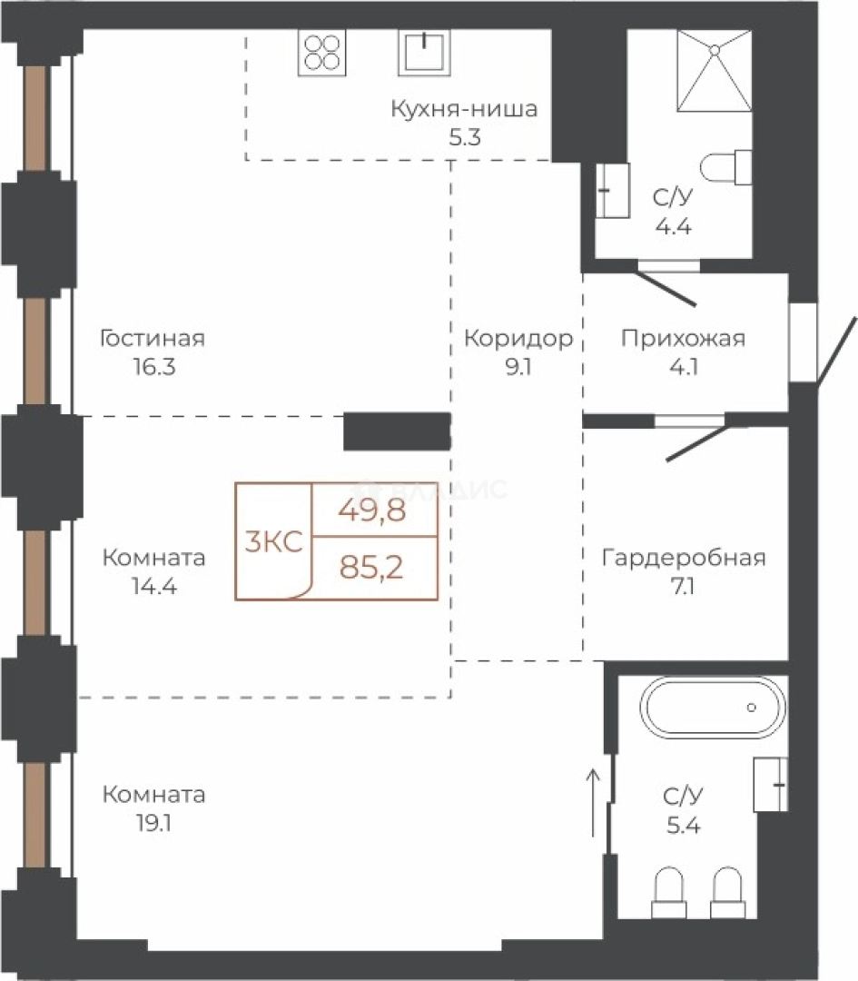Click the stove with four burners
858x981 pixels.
click(322, 53)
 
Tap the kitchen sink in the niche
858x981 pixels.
click(425, 52)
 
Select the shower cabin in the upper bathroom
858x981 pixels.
click(715, 71)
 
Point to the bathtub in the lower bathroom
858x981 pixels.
click(713, 707)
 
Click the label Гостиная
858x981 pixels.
click(153, 339)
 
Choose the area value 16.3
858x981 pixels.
click(153, 367)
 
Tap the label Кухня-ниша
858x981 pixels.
click(464, 109)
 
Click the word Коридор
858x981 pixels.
click(518, 339)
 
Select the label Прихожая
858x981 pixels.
click(683, 339)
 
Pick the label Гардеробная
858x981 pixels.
click(684, 558)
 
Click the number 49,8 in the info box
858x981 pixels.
click(372, 510)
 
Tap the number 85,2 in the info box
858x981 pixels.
click(370, 568)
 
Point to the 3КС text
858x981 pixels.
click(273, 541)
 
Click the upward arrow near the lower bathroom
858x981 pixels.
click(592, 802)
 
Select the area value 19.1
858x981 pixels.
click(153, 823)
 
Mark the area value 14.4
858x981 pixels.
click(153, 586)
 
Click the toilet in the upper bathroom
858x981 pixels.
click(725, 167)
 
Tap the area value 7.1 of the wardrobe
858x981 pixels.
click(682, 587)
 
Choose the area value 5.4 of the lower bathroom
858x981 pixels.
click(683, 825)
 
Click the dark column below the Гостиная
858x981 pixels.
click(397, 431)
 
